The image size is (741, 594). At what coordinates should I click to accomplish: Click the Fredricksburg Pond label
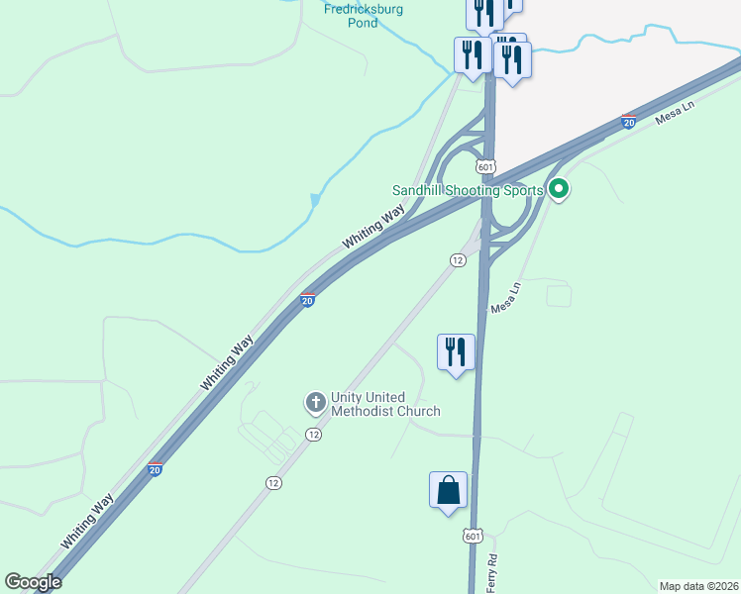coord(364,16)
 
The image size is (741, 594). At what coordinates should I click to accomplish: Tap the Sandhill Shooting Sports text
coord(468,190)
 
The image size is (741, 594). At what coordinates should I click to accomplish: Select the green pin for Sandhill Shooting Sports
coord(559,188)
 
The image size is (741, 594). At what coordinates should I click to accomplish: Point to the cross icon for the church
coord(315,402)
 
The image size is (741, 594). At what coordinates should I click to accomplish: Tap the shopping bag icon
coord(448,490)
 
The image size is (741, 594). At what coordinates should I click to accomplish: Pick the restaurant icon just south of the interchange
coord(456,351)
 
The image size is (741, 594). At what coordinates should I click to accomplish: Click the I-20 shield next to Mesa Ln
coord(628,122)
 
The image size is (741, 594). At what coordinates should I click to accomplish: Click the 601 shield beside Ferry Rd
coord(472,536)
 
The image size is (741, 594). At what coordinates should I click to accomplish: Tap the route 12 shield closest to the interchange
coord(457,259)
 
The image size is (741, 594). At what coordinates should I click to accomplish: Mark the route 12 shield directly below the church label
coord(313,435)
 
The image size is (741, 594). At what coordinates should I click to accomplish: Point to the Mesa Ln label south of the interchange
coord(505,299)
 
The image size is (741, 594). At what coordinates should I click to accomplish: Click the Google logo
coord(34,582)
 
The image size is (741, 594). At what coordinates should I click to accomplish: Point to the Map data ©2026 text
coord(698,586)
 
